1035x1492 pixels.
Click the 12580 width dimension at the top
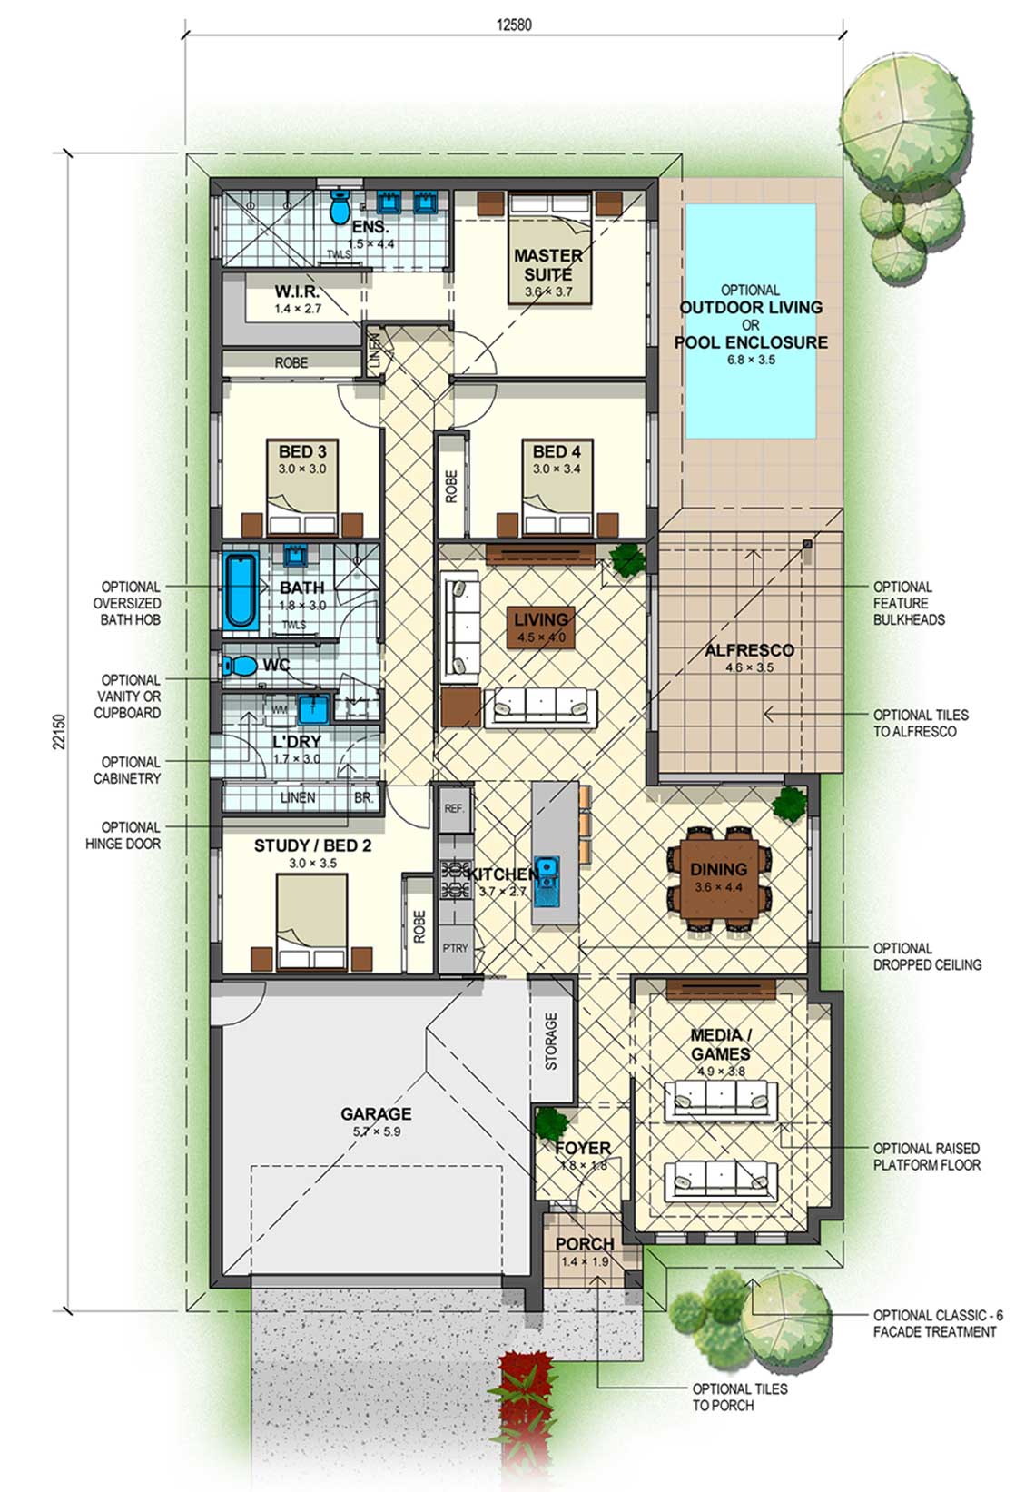(x=514, y=25)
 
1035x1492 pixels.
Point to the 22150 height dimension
(x=60, y=732)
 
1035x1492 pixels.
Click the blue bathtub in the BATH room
(x=241, y=589)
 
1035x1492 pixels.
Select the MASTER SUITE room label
(x=548, y=265)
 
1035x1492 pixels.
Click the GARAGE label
(x=376, y=1113)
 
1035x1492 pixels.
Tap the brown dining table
(x=718, y=878)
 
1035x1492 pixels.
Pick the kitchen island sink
(x=547, y=881)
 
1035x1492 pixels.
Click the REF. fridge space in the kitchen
(x=454, y=808)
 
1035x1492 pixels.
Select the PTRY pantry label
(x=455, y=948)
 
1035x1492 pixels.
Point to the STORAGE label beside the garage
(x=551, y=1041)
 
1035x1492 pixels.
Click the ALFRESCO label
(x=749, y=650)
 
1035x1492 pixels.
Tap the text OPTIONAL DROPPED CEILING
(x=927, y=956)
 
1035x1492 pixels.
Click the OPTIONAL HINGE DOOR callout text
(x=123, y=835)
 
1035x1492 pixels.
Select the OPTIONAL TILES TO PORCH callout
(x=739, y=1397)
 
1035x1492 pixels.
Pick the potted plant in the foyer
(x=551, y=1123)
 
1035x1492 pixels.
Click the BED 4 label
(x=557, y=451)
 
